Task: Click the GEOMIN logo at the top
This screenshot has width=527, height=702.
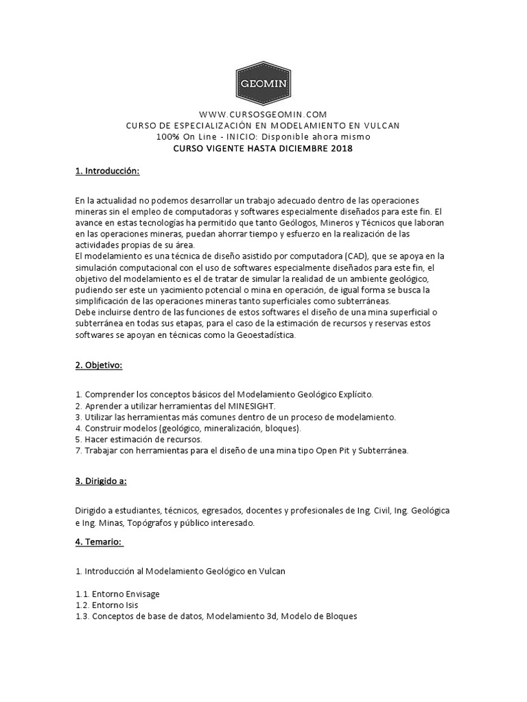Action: click(x=263, y=85)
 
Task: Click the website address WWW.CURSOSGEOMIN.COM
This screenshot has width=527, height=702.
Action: click(x=263, y=114)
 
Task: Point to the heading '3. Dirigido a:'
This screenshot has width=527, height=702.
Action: click(x=101, y=481)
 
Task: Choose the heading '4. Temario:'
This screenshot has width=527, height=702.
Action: click(x=99, y=542)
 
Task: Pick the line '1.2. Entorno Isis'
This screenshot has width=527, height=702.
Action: click(x=108, y=605)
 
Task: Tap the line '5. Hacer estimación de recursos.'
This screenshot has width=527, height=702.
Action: click(x=139, y=439)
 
